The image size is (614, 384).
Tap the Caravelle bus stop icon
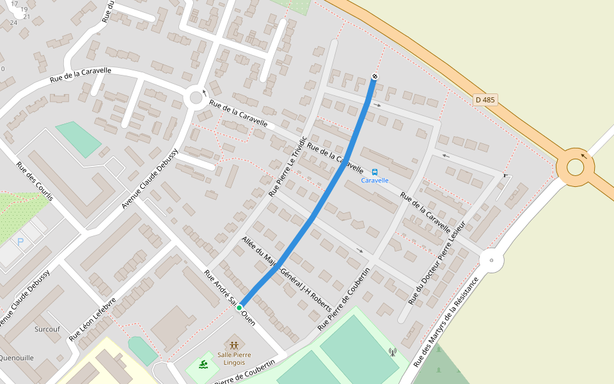pyautogui.click(x=375, y=172)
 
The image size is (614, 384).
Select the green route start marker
pyautogui.click(x=239, y=308)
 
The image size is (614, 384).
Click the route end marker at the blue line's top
pyautogui.click(x=375, y=77)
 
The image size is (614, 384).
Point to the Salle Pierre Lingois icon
pyautogui.click(x=233, y=345)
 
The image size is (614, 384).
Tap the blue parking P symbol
pyautogui.click(x=20, y=242)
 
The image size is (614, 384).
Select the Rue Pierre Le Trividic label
pyautogui.click(x=288, y=166)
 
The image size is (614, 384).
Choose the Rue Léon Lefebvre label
pyautogui.click(x=93, y=318)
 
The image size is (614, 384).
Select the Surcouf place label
pyautogui.click(x=48, y=330)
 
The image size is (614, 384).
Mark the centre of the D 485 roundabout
pyautogui.click(x=575, y=167)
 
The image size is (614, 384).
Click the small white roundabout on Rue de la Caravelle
pyautogui.click(x=196, y=98)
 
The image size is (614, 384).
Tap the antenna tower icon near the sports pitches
pyautogui.click(x=393, y=351)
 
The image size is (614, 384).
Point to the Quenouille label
pyautogui.click(x=17, y=358)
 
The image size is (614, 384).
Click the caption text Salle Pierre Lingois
pyautogui.click(x=233, y=358)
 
